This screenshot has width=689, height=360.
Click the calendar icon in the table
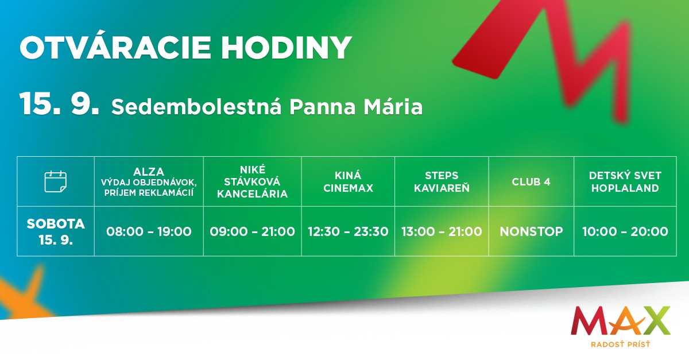click(55, 181)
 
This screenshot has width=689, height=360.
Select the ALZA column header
click(149, 181)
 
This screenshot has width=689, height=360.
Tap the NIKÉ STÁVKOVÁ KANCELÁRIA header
click(252, 181)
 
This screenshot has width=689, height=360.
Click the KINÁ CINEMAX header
click(348, 181)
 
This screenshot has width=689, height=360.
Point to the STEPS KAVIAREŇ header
click(442, 181)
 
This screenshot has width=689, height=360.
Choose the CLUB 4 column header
click(531, 182)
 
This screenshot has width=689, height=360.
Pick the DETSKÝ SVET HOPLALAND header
click(625, 181)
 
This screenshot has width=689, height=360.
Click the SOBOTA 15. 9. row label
click(56, 231)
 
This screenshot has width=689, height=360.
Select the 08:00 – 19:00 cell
click(149, 231)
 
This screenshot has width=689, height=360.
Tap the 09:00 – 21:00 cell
click(252, 231)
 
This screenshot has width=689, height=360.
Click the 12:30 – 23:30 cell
click(348, 231)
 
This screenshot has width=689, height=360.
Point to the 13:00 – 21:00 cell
click(442, 231)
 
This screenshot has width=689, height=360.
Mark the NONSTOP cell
click(531, 231)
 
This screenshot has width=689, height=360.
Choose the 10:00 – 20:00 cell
click(625, 231)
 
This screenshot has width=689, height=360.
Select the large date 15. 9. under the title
click(59, 104)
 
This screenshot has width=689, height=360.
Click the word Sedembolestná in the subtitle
click(196, 106)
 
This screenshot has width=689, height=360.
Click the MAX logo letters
click(621, 320)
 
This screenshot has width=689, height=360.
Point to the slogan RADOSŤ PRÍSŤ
click(621, 344)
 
